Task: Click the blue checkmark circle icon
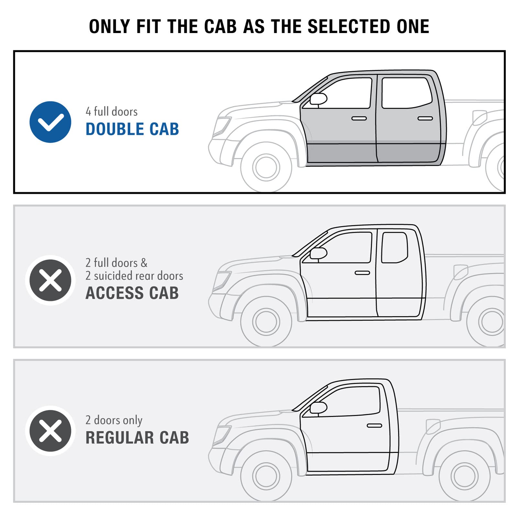[x=50, y=122]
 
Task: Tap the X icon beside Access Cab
[x=50, y=280]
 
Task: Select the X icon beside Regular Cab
[x=50, y=431]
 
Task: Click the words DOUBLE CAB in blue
[x=132, y=129]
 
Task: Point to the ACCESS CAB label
[x=132, y=293]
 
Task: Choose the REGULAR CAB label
[x=137, y=438]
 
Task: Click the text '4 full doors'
[x=112, y=111]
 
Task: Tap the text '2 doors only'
[x=114, y=420]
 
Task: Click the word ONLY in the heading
[x=109, y=27]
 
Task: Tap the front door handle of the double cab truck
[x=359, y=118]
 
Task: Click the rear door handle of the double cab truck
[x=425, y=118]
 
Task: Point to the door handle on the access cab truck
[x=362, y=273]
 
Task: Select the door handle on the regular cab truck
[x=375, y=425]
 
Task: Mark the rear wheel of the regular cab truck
[x=464, y=476]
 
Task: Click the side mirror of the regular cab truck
[x=319, y=408]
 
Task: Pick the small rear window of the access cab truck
[x=394, y=247]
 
